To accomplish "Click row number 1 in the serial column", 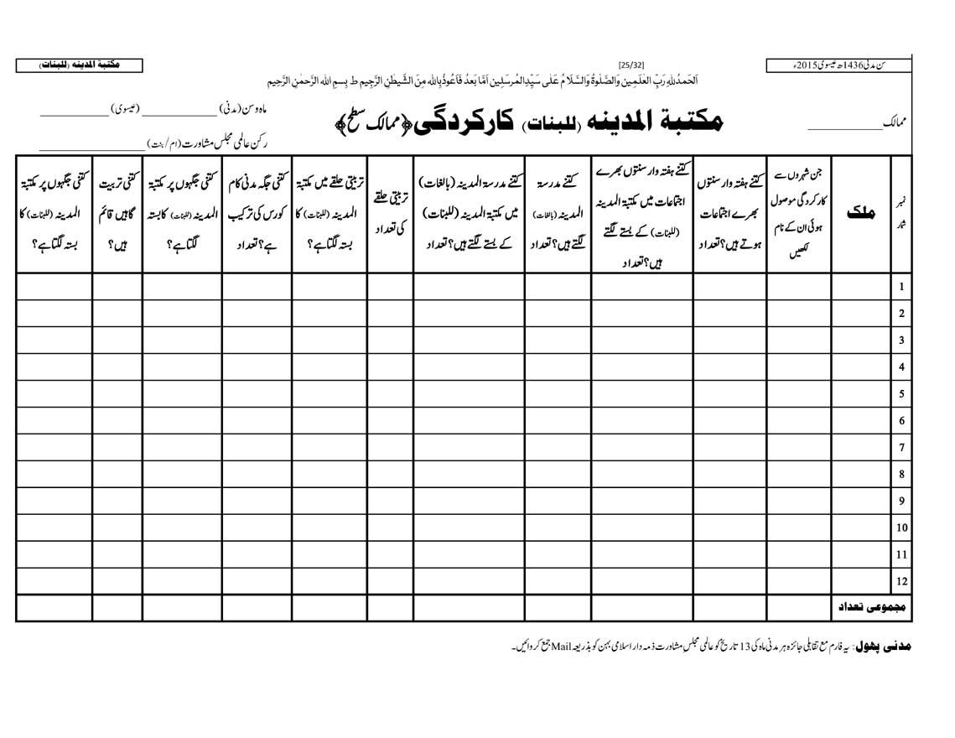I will click(x=901, y=287).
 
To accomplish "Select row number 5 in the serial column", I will click(x=901, y=393).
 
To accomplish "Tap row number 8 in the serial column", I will click(x=901, y=474).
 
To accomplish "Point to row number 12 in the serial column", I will click(x=901, y=580).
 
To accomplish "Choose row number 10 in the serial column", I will click(x=901, y=528).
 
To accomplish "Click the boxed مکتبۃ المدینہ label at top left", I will click(x=79, y=65).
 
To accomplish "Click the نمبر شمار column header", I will click(x=901, y=214).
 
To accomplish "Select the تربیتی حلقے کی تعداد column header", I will click(x=390, y=214).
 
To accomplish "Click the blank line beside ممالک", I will click(x=838, y=128).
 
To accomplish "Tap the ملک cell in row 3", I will click(x=861, y=340).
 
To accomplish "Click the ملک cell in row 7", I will click(x=861, y=447).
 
